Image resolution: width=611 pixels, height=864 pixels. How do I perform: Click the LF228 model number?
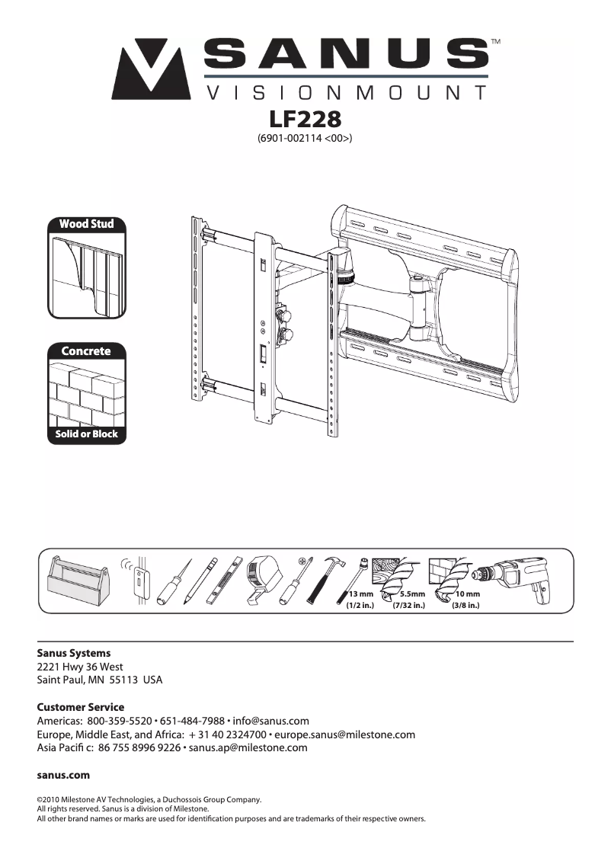[x=305, y=120]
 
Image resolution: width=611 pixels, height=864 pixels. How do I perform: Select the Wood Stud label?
[x=86, y=224]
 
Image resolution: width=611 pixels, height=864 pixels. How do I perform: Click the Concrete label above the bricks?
[x=86, y=351]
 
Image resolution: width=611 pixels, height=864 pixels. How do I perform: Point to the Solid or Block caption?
[x=86, y=434]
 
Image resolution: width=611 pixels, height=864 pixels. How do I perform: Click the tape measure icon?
[x=263, y=579]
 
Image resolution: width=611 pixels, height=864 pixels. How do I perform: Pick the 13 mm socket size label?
[x=360, y=594]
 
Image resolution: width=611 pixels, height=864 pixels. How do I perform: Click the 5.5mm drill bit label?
[x=412, y=594]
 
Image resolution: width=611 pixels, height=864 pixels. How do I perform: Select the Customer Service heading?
[x=81, y=707]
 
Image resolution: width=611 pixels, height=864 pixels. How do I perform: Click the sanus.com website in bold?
[x=63, y=775]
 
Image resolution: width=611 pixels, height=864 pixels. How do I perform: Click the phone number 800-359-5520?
[x=120, y=721]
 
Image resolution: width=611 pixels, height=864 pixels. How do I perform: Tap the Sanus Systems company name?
[x=74, y=653]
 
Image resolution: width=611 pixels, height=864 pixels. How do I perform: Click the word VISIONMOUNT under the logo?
[x=347, y=93]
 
